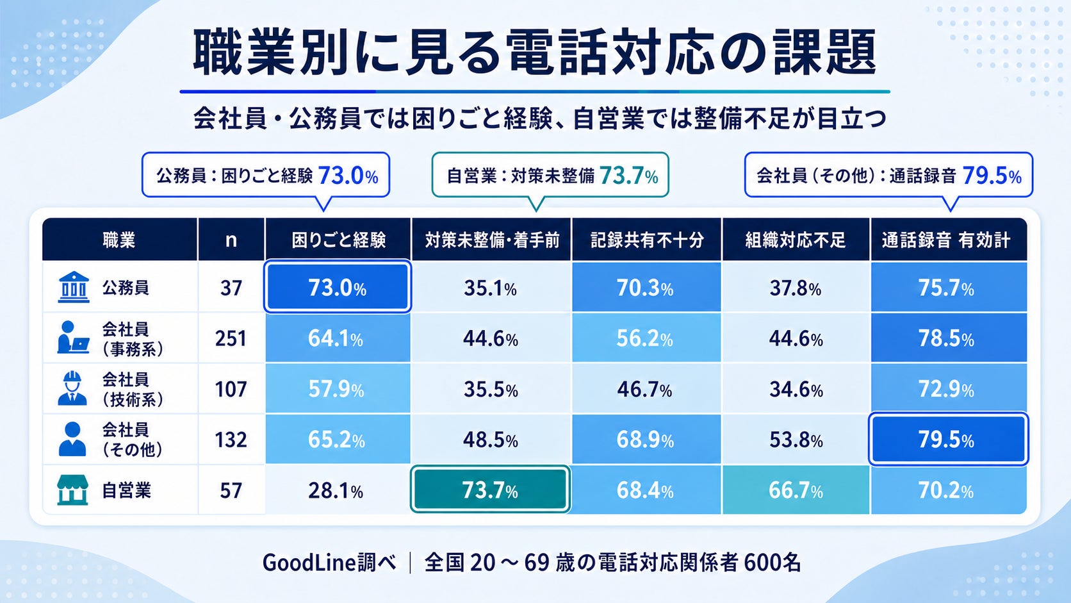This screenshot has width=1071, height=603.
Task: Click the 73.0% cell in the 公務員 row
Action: coord(338,287)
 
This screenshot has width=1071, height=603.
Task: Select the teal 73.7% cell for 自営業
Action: coord(490,490)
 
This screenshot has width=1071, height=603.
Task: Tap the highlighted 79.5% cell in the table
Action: coord(949,439)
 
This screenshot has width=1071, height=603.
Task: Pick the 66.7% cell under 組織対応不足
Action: coord(796,490)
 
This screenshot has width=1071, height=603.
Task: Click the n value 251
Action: coord(231,338)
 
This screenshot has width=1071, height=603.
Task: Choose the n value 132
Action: coord(231,440)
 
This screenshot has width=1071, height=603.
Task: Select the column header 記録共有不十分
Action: coord(646,240)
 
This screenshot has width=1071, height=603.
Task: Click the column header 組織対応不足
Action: coord(796,240)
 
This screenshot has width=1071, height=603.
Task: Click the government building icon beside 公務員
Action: coord(74,287)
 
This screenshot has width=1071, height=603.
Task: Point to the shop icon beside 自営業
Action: coord(72,490)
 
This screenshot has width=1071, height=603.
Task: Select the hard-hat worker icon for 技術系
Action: coord(72,389)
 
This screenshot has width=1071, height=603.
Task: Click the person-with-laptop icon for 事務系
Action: coord(72,338)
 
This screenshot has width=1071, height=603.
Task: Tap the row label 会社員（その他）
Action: coord(132,440)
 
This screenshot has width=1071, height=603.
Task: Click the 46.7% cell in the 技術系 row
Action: coord(646,389)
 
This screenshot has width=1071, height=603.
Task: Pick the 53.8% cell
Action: coord(796,440)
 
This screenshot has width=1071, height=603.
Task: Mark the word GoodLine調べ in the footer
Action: coord(329,563)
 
